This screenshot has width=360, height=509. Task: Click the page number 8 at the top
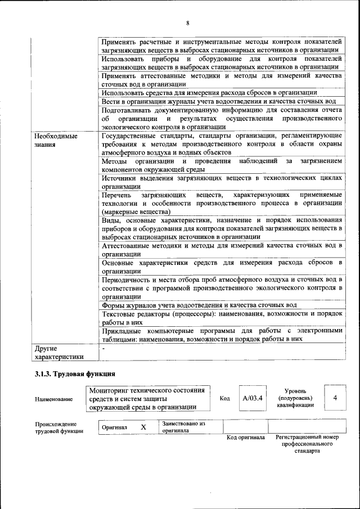(x=188, y=22)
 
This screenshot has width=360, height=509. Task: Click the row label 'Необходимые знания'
(x=55, y=140)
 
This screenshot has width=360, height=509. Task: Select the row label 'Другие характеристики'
(x=58, y=352)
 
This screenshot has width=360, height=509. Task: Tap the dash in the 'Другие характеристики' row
(x=103, y=349)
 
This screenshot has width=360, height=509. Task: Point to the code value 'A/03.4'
(x=253, y=398)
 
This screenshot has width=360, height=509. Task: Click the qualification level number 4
(x=335, y=398)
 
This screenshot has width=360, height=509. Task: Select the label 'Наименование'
(x=53, y=399)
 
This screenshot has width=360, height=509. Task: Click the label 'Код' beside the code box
(x=225, y=399)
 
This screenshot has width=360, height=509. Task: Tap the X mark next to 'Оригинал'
(x=143, y=427)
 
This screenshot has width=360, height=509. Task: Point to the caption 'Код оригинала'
(x=245, y=438)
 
